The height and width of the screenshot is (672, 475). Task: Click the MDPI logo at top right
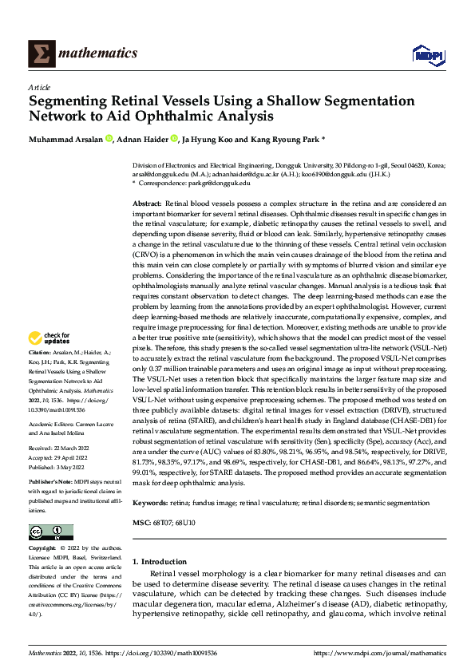click(426, 53)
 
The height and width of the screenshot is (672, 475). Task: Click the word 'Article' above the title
click(39, 86)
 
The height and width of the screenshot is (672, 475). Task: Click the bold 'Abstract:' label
click(147, 204)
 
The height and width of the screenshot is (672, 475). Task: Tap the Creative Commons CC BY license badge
click(50, 532)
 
